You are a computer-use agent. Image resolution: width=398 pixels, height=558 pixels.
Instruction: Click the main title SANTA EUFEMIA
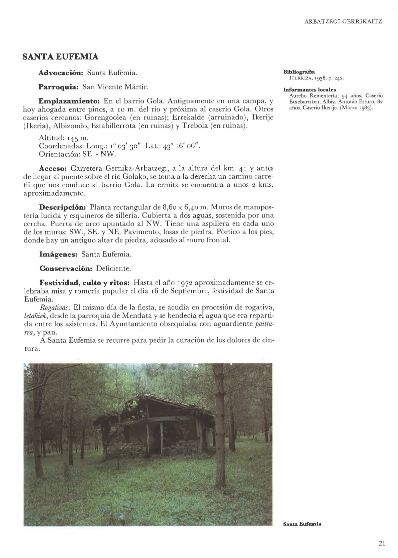60,57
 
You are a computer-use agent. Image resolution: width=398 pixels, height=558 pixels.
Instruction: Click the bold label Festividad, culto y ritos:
84,283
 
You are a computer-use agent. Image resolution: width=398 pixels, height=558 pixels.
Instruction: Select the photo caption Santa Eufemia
302,524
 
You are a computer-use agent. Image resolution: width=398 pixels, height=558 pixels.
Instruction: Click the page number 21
382,544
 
